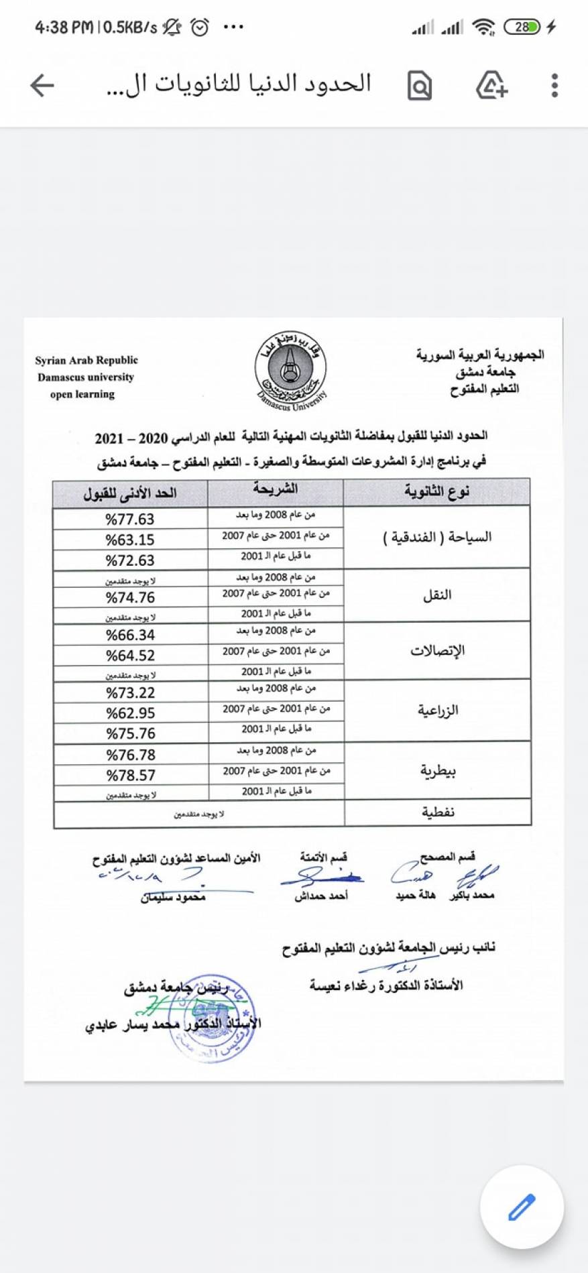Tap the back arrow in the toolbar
[x=42, y=85]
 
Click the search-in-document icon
[x=420, y=86]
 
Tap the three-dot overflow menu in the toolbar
[x=554, y=86]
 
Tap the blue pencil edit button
[x=522, y=1207]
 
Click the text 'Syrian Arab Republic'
[x=86, y=360]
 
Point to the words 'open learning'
[x=82, y=394]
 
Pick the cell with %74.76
[x=130, y=597]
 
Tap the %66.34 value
[x=130, y=635]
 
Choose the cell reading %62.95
[x=130, y=713]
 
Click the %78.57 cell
[x=131, y=776]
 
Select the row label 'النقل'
[x=437, y=595]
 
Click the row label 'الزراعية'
[x=438, y=711]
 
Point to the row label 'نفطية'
[x=438, y=812]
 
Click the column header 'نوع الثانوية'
[x=436, y=493]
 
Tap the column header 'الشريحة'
[x=275, y=489]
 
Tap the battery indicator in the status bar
[x=522, y=27]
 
